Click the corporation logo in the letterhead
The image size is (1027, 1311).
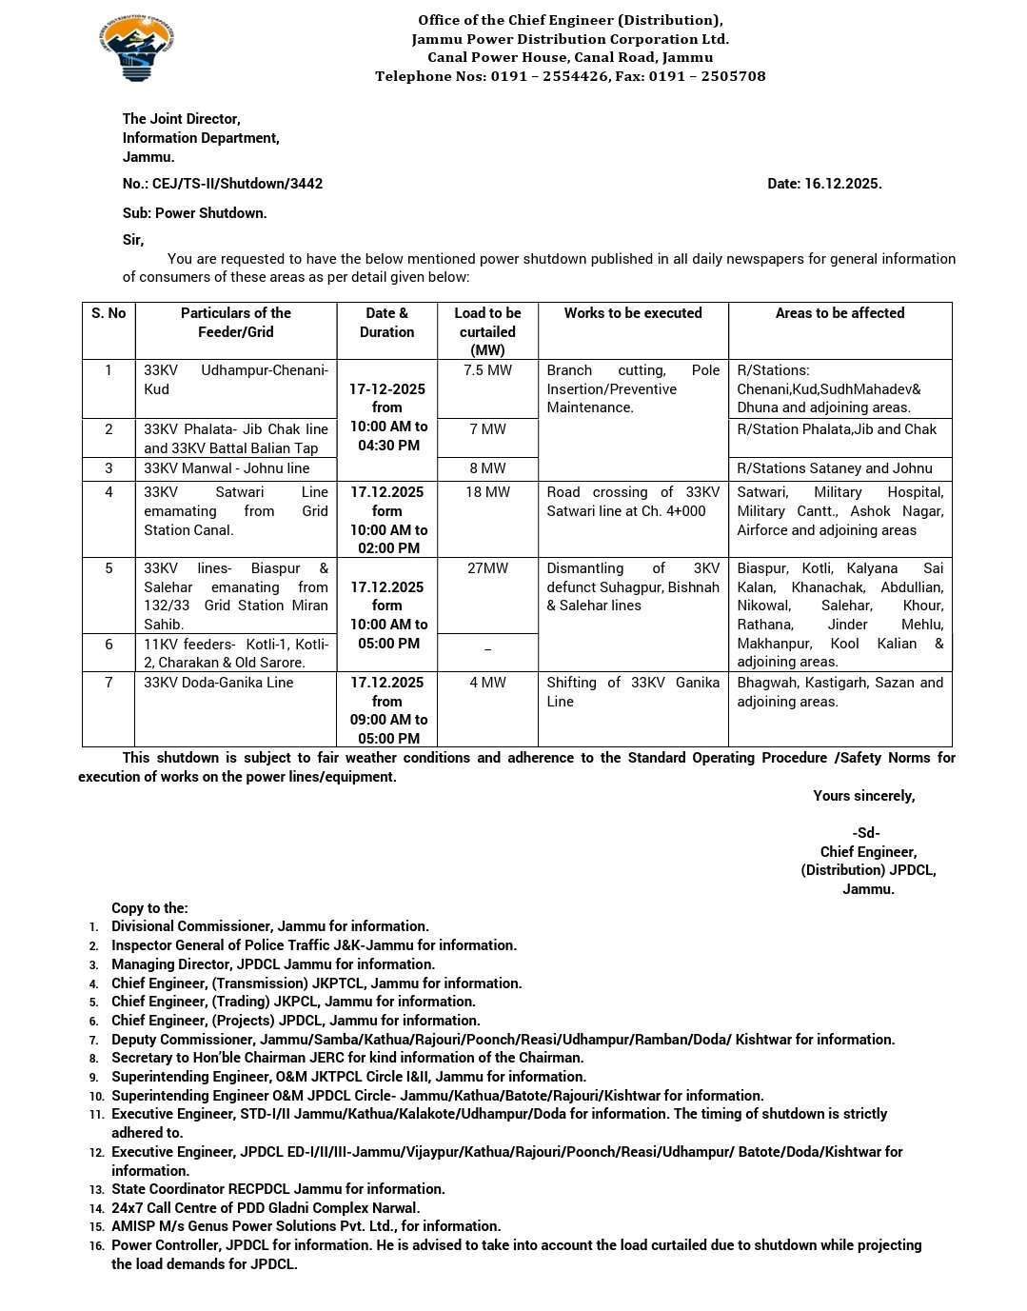click(x=136, y=49)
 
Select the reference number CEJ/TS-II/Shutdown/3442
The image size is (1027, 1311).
click(x=237, y=184)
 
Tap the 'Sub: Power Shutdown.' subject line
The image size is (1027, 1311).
click(x=194, y=213)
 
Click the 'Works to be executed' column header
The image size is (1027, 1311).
click(x=633, y=313)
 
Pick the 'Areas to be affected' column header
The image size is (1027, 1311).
click(x=839, y=313)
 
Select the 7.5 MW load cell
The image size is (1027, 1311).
click(x=487, y=370)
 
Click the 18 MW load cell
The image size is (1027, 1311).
click(x=487, y=492)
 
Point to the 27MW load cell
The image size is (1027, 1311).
click(x=487, y=568)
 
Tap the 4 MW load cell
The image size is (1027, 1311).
click(x=487, y=683)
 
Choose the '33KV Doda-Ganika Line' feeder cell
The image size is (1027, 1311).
click(x=219, y=683)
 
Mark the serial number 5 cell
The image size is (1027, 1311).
click(x=109, y=568)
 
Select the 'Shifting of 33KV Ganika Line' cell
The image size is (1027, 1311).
click(x=633, y=692)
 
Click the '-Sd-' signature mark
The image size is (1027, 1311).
click(x=866, y=833)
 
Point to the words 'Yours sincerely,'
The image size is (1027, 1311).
click(x=863, y=796)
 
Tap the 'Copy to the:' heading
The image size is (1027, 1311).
click(x=149, y=908)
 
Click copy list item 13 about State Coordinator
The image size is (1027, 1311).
click(x=278, y=1189)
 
